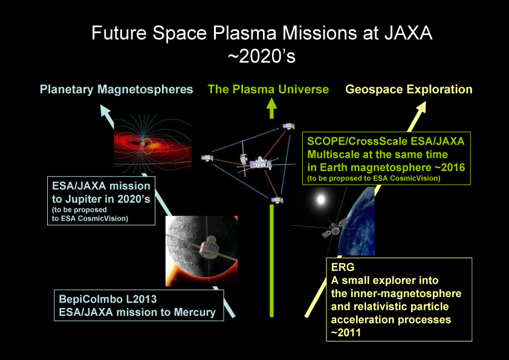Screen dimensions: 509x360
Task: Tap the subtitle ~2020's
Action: (x=262, y=56)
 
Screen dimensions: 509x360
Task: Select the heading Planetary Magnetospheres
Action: (x=116, y=90)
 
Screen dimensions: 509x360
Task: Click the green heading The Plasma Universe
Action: (x=268, y=90)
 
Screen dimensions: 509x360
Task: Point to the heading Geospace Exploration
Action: (x=409, y=90)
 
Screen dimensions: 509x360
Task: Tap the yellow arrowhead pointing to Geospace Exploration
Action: (x=420, y=108)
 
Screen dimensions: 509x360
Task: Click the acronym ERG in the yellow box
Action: (x=343, y=267)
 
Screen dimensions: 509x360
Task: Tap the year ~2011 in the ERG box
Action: (x=346, y=332)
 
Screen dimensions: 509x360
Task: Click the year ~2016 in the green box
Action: (x=450, y=168)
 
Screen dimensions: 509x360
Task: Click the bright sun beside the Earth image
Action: (x=321, y=199)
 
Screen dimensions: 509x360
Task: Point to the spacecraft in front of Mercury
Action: (x=210, y=249)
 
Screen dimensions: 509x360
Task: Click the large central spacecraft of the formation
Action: (x=260, y=163)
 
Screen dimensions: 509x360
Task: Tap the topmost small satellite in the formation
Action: (x=288, y=126)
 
